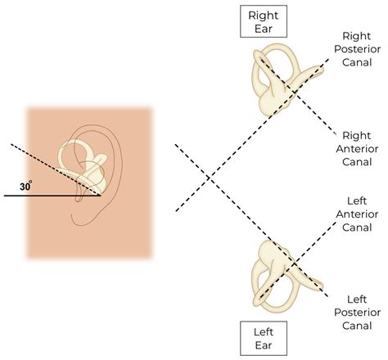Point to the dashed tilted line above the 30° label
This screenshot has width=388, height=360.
[x=37, y=160]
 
